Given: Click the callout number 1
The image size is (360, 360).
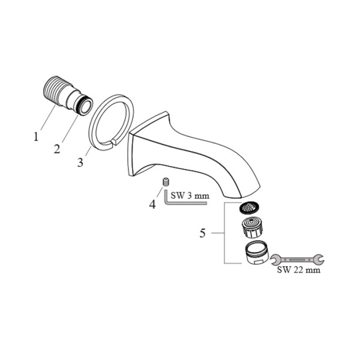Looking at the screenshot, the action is (36, 136).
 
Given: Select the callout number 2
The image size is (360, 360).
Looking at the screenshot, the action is (57, 149).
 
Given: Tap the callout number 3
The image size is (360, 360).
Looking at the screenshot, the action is (80, 162).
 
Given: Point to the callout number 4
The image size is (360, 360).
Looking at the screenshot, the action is (152, 204).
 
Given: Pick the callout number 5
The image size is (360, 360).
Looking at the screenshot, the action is (203, 233).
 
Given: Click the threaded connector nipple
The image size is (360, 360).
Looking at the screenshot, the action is (68, 95).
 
